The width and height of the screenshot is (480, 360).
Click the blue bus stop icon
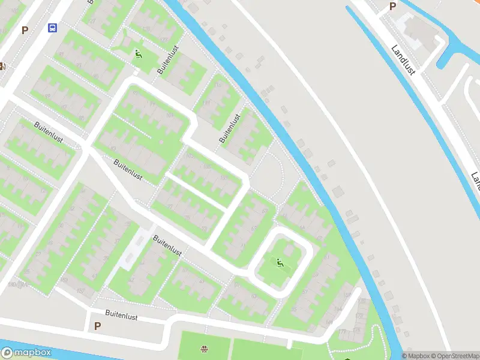tap(53, 28)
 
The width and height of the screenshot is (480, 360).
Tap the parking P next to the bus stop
tap(25, 30)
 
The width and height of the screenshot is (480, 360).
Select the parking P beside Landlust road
tap(393, 6)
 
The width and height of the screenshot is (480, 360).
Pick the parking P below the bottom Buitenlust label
tap(97, 326)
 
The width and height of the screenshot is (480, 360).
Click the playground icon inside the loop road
tap(280, 262)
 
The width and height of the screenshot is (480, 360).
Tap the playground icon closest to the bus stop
tap(139, 55)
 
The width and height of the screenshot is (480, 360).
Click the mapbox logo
tap(26, 353)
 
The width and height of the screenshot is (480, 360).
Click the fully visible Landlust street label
tap(403, 60)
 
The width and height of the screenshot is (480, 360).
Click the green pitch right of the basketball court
tap(264, 349)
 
